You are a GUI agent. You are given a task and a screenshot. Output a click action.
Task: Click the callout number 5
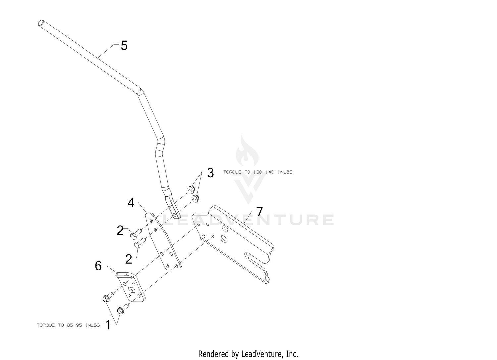click(x=124, y=46)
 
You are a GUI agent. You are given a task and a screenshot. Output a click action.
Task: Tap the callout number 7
click(x=259, y=212)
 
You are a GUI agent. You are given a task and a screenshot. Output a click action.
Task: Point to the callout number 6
click(x=98, y=266)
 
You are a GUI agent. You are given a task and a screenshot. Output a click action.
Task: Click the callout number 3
click(x=210, y=173)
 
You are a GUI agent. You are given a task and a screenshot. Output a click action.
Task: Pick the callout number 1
click(x=108, y=325)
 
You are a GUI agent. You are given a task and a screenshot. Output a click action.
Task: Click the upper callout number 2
click(x=120, y=231)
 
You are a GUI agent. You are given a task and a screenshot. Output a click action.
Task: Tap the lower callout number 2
click(x=129, y=259)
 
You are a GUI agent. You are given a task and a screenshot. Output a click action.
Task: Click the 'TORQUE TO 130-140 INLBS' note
click(x=257, y=172)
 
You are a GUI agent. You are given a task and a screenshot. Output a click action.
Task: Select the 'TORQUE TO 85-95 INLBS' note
click(x=68, y=325)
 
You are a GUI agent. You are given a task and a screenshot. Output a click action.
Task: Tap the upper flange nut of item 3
click(x=191, y=189)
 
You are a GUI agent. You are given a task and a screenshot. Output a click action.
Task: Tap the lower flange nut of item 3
click(x=195, y=198)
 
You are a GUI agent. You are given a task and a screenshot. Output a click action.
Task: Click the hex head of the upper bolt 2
click(x=133, y=236)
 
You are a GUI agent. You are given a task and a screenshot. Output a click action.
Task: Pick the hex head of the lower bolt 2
click(x=137, y=245)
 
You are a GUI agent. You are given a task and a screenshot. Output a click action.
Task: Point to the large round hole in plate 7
click(x=225, y=228)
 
